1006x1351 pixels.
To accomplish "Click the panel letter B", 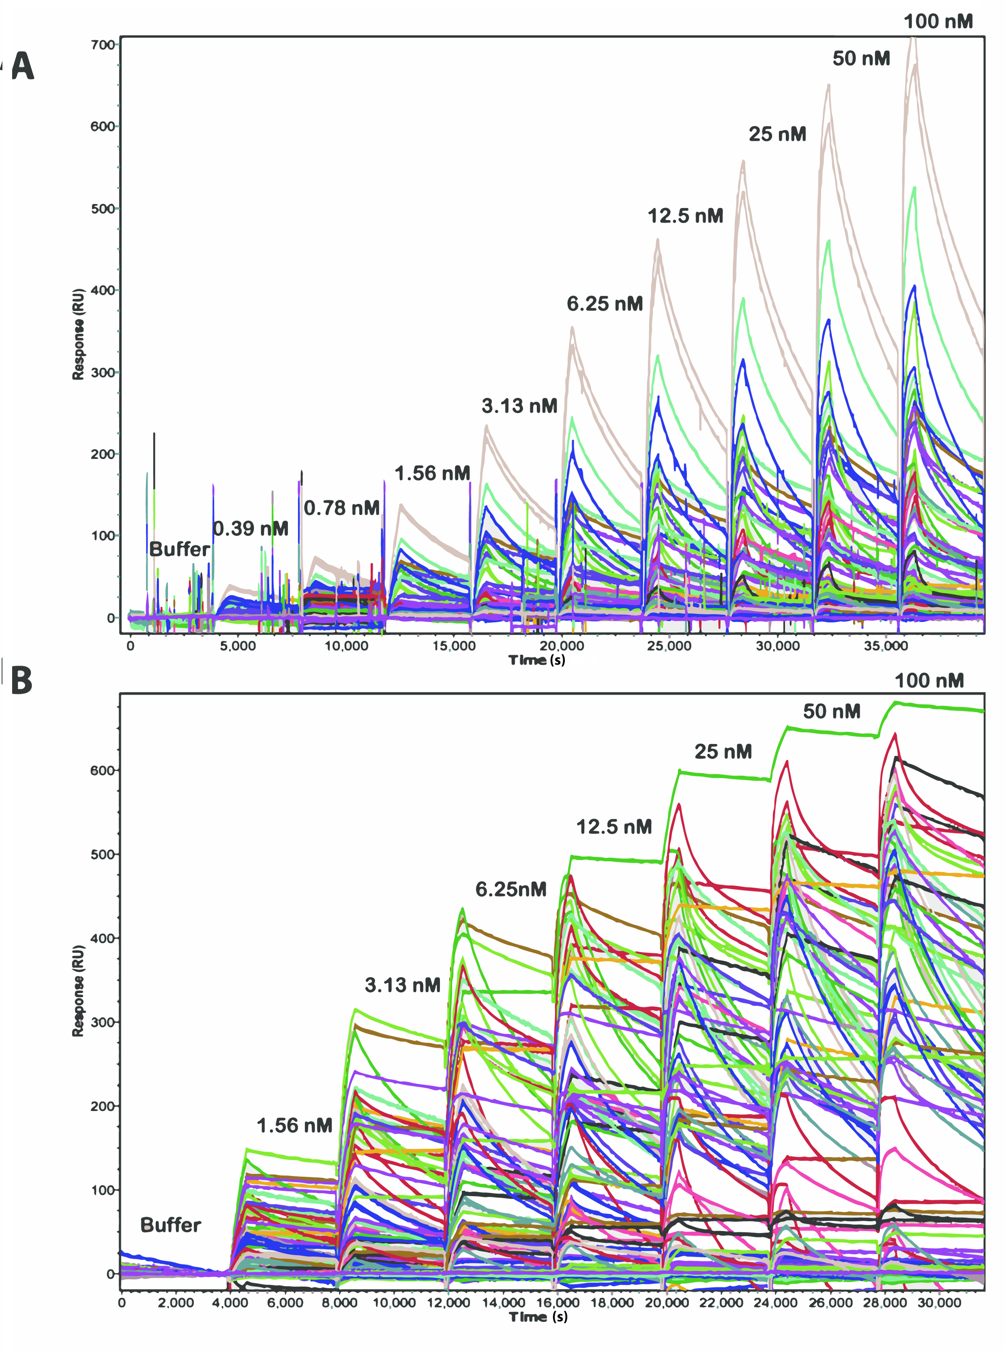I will (x=21, y=681).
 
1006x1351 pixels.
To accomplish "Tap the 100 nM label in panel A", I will (x=938, y=22).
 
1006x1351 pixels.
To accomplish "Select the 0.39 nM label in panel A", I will (x=250, y=528).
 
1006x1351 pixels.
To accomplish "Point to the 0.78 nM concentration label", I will (x=342, y=508).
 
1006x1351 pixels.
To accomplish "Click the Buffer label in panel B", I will (x=170, y=1225).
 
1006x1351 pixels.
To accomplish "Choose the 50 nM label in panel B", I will (x=831, y=711).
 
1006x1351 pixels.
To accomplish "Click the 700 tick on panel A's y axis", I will (x=102, y=45).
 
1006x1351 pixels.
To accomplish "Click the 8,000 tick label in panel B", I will (x=339, y=1303).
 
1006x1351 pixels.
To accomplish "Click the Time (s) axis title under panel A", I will (x=537, y=660).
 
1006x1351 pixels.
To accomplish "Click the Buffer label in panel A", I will (x=180, y=549).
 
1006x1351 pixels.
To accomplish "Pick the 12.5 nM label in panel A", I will (x=685, y=216).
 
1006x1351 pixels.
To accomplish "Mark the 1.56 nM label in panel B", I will (x=295, y=1126).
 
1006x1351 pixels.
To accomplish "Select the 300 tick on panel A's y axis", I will (x=102, y=373).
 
